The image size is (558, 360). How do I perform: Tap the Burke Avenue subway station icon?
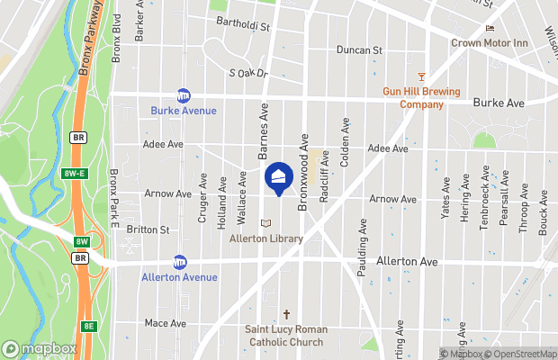(184, 95)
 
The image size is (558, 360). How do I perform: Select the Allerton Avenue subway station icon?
(179, 262)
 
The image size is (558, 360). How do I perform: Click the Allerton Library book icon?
(265, 222)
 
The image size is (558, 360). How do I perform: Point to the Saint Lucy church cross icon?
(287, 315)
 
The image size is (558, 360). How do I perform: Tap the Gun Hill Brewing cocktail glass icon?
(421, 77)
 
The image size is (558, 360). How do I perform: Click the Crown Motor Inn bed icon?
(490, 28)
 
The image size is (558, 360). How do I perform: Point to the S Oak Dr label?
(248, 73)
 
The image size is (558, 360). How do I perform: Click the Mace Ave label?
(165, 323)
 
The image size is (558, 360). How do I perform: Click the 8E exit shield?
(88, 326)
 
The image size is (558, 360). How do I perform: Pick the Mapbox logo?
(40, 348)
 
